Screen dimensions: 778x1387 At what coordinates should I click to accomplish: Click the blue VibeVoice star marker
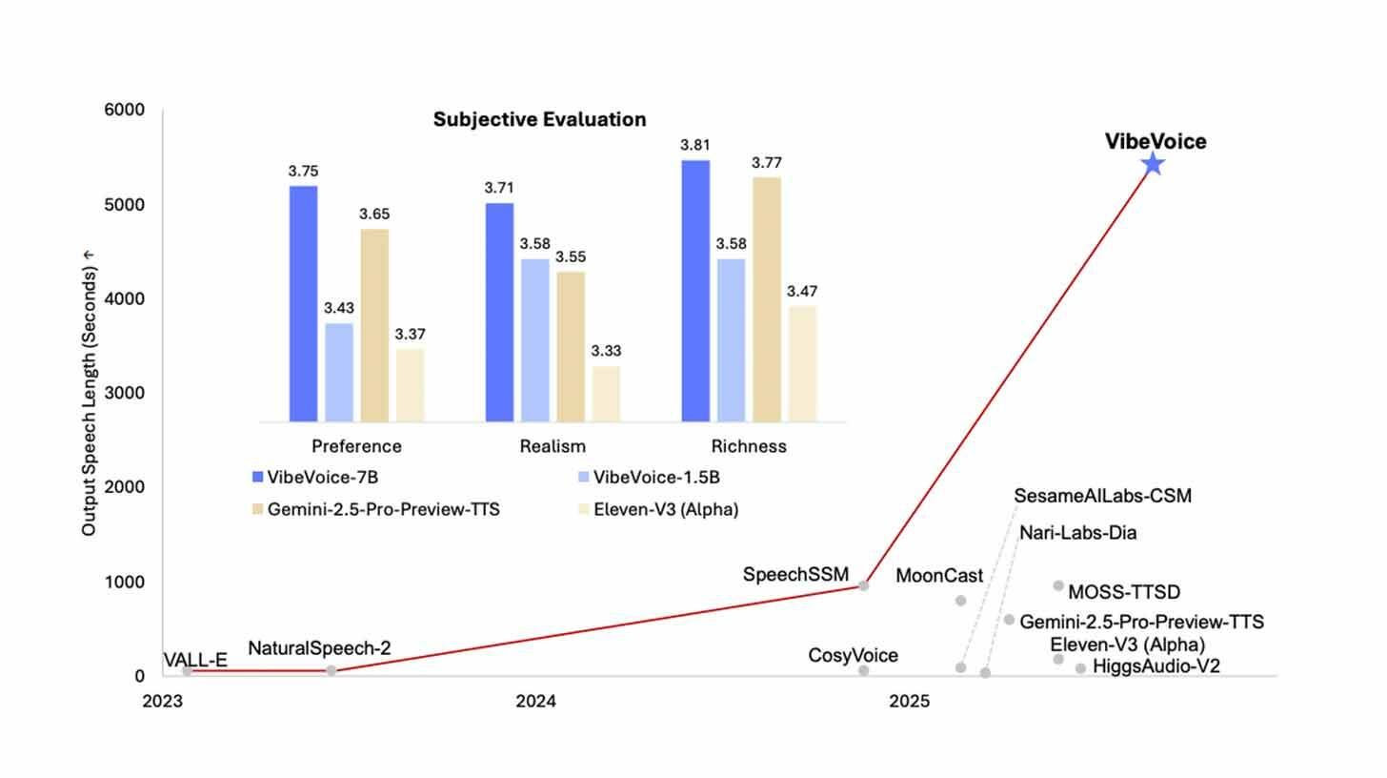pos(1153,164)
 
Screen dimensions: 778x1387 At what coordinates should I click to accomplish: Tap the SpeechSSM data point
pos(864,585)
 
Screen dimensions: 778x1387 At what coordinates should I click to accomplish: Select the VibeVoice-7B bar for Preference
pos(303,303)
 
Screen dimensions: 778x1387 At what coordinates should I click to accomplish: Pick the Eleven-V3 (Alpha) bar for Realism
pos(606,393)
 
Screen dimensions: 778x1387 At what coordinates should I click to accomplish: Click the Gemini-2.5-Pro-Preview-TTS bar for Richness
pos(767,298)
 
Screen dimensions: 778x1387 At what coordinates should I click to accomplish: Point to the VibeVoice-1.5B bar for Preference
pos(338,372)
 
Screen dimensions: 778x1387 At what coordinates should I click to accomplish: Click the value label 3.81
pos(695,145)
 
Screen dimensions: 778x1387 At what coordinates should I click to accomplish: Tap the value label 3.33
pos(606,351)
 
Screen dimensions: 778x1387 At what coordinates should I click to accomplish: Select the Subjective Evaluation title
pos(539,119)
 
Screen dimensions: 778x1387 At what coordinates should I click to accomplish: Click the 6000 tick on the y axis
pos(124,110)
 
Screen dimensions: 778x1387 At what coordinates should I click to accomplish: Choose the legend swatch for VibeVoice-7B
pos(257,477)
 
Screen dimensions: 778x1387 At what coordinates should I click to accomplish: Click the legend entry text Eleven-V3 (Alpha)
pos(665,509)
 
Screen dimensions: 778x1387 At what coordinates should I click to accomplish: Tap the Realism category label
pos(553,446)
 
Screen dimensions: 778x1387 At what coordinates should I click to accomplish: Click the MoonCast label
pos(939,576)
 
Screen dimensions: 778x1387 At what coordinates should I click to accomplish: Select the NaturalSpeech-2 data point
pos(332,671)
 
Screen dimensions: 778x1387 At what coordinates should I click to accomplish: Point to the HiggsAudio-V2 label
pos(1156,666)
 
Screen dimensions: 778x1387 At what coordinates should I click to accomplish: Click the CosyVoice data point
pos(864,671)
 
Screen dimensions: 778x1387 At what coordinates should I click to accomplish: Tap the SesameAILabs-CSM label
pos(1102,496)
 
